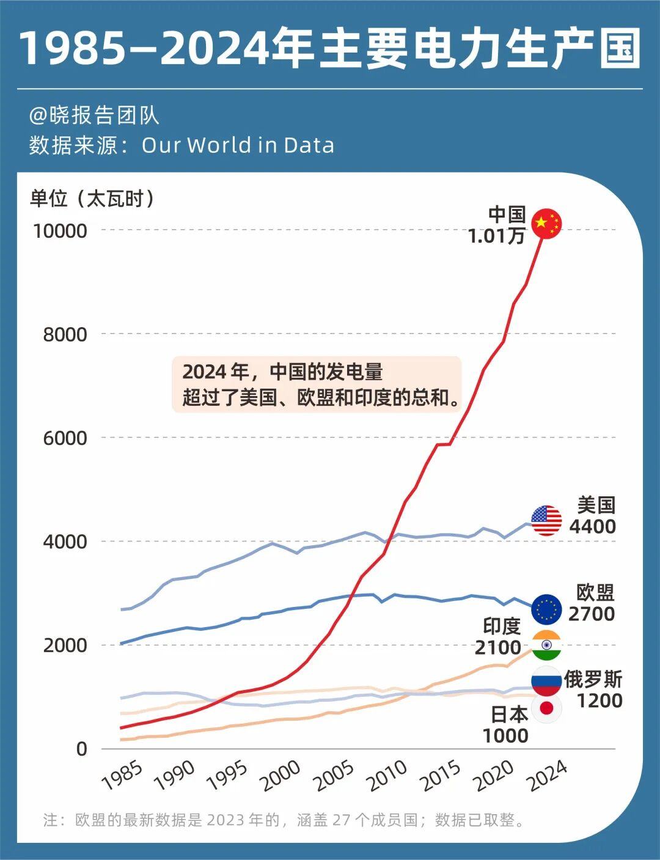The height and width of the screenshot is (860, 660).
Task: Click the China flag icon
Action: pos(546,224)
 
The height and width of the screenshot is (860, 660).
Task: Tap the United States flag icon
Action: pos(546,521)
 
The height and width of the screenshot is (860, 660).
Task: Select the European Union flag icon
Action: pos(546,609)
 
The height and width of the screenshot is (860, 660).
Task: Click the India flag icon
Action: pos(546,645)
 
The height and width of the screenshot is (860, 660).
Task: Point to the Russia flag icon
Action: pos(546,681)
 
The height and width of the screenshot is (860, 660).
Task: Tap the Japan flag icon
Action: pos(546,709)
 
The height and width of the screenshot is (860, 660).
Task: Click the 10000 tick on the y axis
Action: pos(61,231)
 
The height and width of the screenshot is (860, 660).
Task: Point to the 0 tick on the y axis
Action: pos(82,749)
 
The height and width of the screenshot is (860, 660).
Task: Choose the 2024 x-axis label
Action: pos(548,776)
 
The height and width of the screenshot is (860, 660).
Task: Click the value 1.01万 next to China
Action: pos(496,236)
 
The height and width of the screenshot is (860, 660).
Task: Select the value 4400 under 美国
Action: pos(592,526)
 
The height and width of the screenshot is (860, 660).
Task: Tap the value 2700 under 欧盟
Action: pos(591,614)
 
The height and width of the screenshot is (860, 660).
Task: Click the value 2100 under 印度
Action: pos(497,647)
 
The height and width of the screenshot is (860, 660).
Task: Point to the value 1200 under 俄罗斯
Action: pos(599,700)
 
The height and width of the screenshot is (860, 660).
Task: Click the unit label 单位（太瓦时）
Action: pos(93,199)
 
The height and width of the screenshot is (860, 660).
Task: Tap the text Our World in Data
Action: pos(238,145)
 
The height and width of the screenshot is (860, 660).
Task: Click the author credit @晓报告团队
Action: pos(94,116)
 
